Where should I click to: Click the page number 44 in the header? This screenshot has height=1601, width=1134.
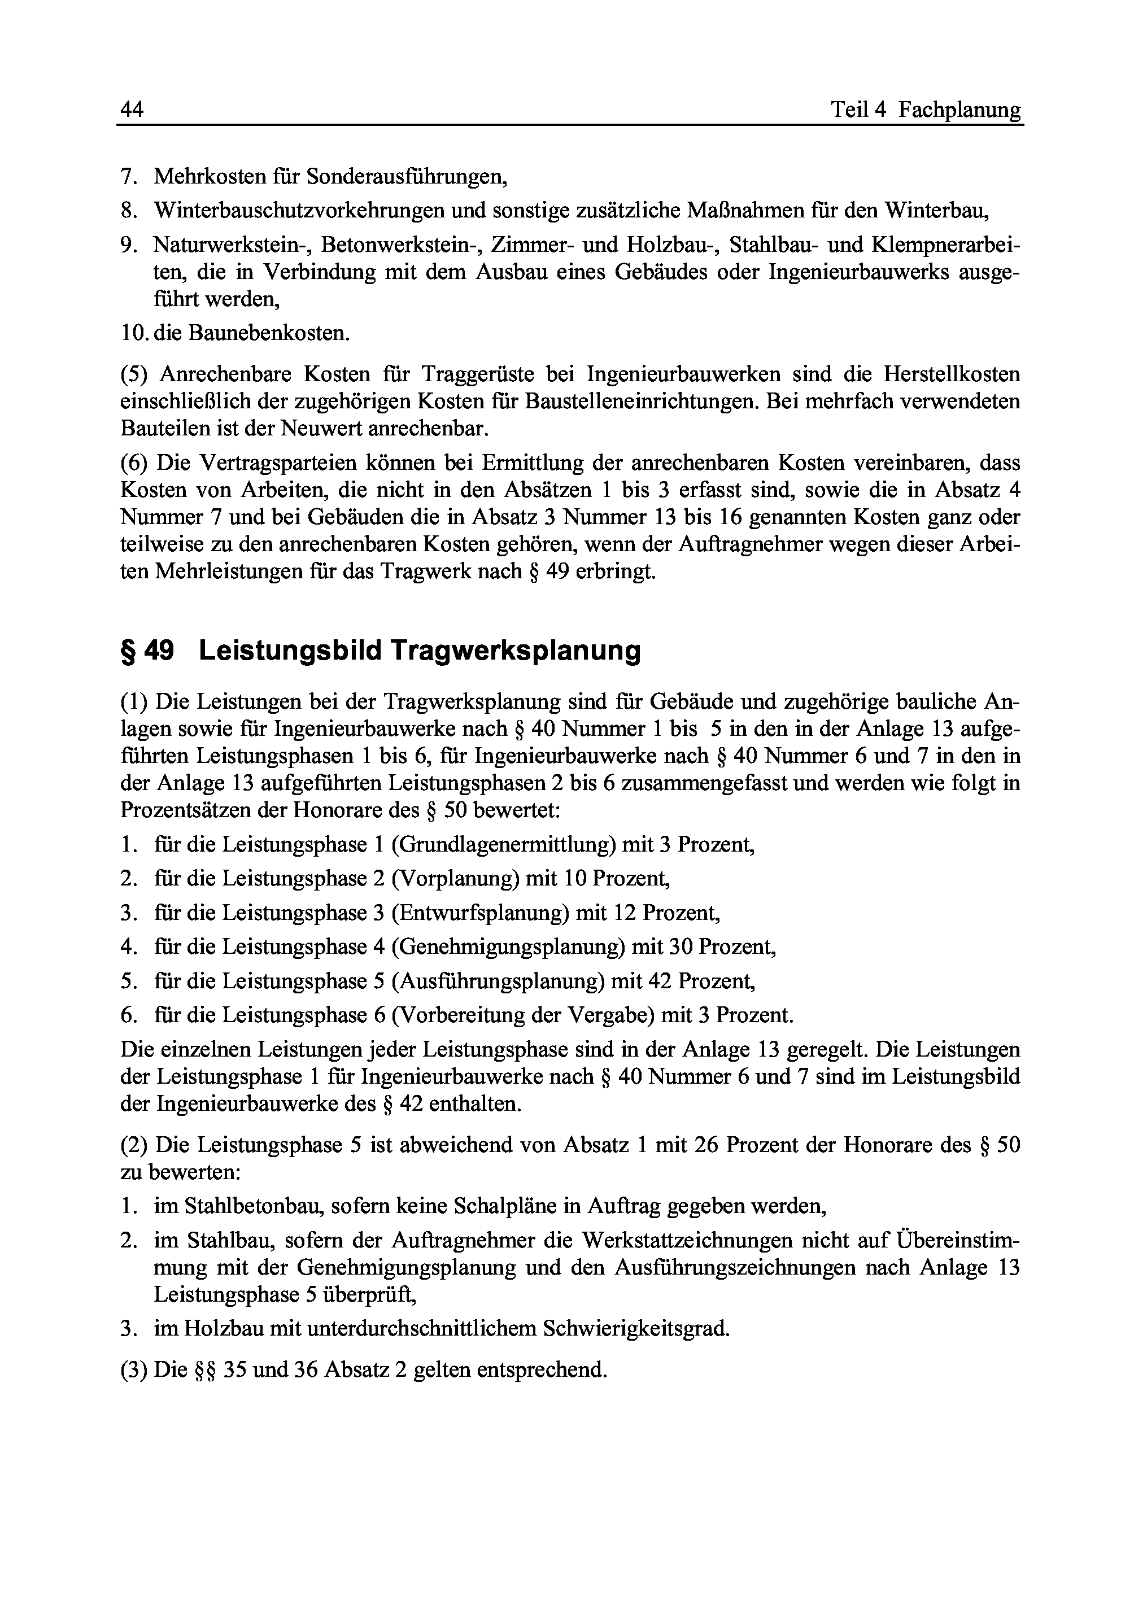132,110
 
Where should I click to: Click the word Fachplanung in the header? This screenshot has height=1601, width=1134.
959,110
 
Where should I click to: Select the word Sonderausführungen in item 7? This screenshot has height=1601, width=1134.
407,176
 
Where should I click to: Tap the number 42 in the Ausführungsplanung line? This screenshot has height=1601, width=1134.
660,981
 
